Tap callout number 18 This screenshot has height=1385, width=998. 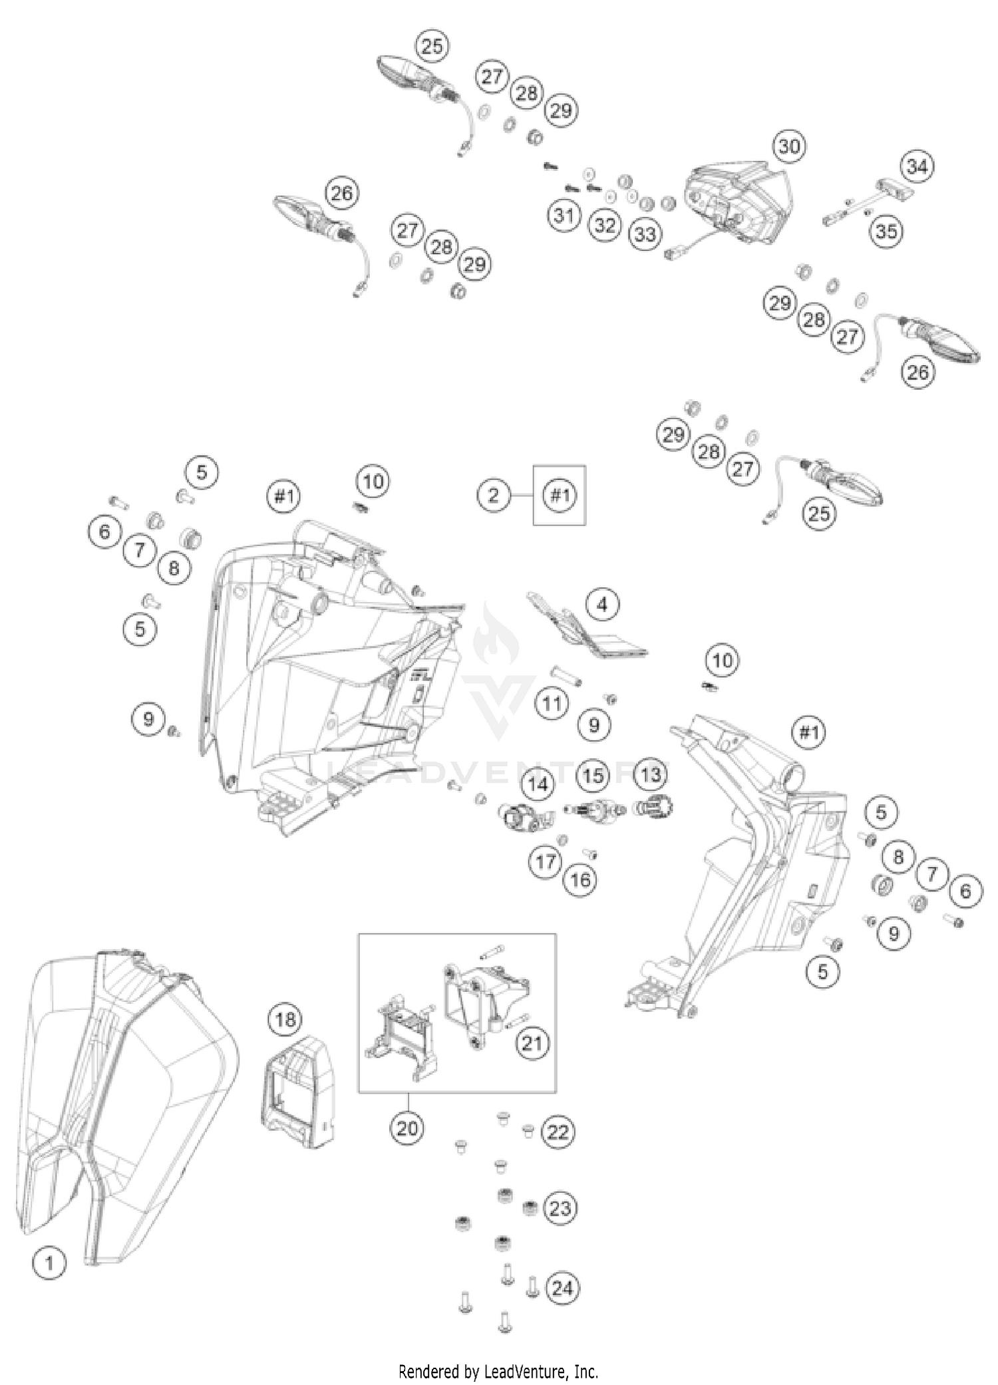(x=285, y=1019)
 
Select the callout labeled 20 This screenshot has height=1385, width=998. (x=407, y=1128)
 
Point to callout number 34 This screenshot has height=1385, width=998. (x=917, y=166)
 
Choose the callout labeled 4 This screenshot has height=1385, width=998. (x=602, y=605)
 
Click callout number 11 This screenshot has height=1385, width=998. (x=552, y=702)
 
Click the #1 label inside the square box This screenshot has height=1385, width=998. (x=560, y=495)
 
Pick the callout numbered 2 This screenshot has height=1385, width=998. (x=493, y=495)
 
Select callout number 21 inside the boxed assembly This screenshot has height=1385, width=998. (x=533, y=1043)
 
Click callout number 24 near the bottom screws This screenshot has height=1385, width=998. (x=562, y=1289)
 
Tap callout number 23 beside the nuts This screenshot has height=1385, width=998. (x=560, y=1207)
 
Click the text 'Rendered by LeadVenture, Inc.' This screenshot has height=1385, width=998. (x=498, y=1371)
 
